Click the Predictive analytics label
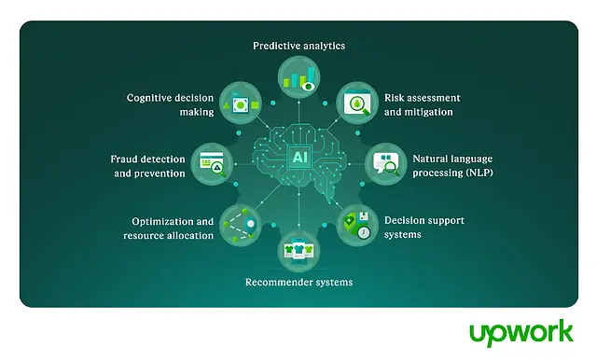tap(298, 46)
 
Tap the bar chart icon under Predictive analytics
tap(298, 77)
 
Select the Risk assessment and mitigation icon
tap(357, 103)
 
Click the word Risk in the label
tap(394, 98)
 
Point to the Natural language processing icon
tap(386, 164)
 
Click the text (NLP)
tap(479, 173)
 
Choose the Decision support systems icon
tap(357, 226)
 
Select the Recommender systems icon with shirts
tap(298, 251)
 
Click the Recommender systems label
tap(298, 283)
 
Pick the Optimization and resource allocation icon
tap(241, 226)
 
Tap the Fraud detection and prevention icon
tap(212, 164)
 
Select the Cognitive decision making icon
tap(241, 103)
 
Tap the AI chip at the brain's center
tap(299, 157)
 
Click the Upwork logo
tap(521, 333)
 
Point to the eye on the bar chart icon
tap(309, 87)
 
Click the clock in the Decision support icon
tap(364, 232)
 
